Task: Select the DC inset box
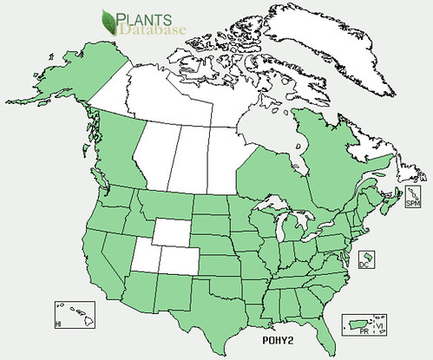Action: pyautogui.click(x=367, y=260)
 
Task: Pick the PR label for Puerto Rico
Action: pyautogui.click(x=366, y=331)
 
